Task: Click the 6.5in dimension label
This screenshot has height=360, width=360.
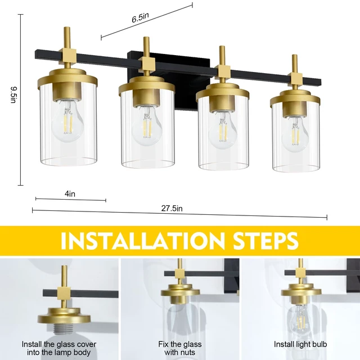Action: [140, 17]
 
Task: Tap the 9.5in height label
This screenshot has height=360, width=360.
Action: [13, 95]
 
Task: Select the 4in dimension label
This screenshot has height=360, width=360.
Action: [70, 194]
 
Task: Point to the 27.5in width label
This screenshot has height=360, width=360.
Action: [172, 209]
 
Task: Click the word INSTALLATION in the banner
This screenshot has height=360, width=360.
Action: [142, 241]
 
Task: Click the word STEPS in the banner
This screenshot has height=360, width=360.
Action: [265, 241]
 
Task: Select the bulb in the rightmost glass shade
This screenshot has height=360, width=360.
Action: [295, 134]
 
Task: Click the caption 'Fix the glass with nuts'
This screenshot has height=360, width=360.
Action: [180, 348]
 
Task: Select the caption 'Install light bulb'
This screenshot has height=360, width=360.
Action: [300, 344]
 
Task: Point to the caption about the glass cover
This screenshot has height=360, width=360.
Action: [59, 349]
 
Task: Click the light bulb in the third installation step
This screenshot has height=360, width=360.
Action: [300, 319]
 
